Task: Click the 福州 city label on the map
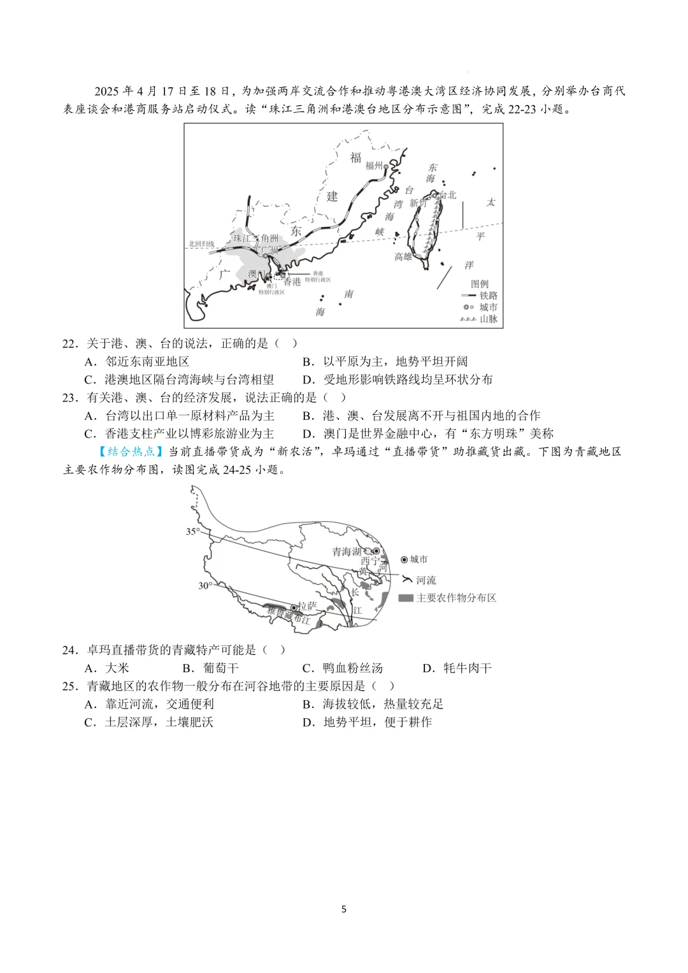point(374,166)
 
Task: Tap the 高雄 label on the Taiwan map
point(403,257)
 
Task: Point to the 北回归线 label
point(201,244)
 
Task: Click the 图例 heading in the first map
point(480,284)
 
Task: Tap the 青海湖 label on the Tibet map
point(347,552)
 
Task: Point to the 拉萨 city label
point(306,605)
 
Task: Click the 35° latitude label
point(192,531)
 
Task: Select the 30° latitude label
point(204,586)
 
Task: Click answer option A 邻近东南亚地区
point(147,361)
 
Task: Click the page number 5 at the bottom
point(344,909)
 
